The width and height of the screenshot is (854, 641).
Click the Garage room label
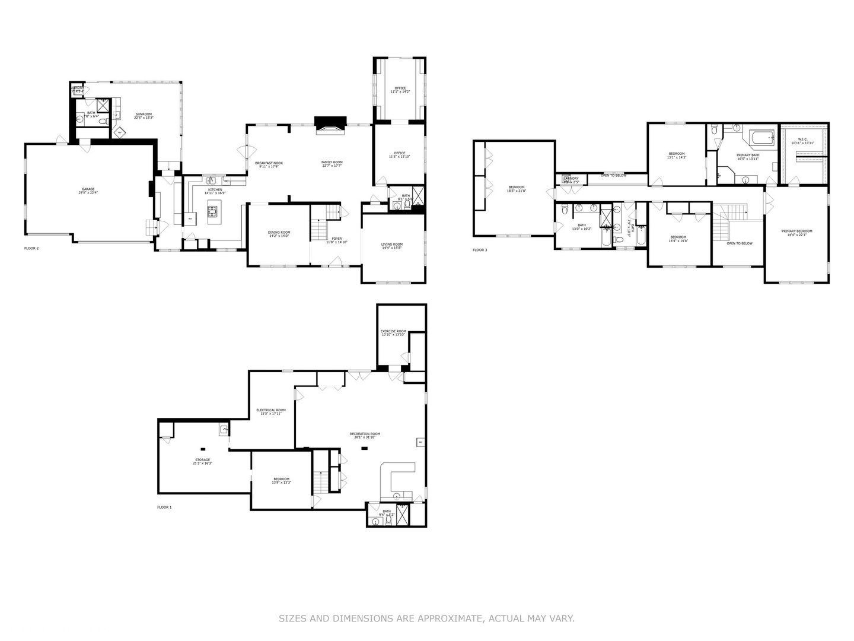pos(88,191)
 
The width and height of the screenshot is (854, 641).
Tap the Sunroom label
pos(144,116)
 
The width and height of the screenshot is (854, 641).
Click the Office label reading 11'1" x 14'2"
pos(400,90)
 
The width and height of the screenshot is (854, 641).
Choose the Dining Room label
pos(279,234)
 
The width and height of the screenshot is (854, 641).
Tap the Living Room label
pos(392,246)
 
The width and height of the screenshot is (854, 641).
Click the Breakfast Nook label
pos(269,164)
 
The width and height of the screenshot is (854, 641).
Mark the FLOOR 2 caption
pos(31,248)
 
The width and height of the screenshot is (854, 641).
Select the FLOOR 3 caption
pos(480,250)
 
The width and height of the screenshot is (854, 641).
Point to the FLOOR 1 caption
pos(164,507)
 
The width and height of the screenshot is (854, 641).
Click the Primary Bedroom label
pos(796,233)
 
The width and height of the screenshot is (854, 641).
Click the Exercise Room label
pos(393,332)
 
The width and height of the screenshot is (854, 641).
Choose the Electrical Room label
pos(270,411)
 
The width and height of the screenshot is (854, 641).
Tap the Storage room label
pos(202,461)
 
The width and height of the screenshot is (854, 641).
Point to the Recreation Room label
pos(365,435)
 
